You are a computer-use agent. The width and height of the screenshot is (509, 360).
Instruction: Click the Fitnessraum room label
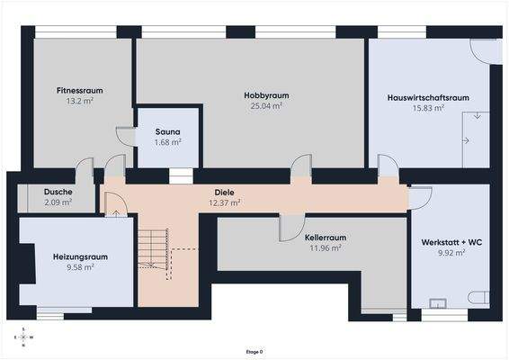[x=79, y=90]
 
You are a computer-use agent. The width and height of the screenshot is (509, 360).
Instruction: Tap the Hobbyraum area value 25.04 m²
[x=266, y=106]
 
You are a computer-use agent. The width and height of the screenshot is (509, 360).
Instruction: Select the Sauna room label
[x=167, y=132]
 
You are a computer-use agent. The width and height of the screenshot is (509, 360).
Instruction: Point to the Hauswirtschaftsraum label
[x=428, y=97]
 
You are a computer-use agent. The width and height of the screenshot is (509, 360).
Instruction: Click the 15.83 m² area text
[x=428, y=108]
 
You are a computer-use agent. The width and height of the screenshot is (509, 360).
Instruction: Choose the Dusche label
[x=58, y=192]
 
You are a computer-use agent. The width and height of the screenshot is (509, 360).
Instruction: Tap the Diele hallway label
[x=224, y=193]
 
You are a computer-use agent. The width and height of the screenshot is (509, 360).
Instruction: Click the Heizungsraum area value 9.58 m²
[x=80, y=267]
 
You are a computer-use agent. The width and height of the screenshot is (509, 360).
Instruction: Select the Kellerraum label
[x=326, y=238]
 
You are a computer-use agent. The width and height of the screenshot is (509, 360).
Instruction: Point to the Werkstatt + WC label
[x=451, y=242]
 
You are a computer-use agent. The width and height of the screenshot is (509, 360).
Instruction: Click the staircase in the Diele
[x=154, y=249]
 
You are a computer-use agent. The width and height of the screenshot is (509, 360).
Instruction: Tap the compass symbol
[x=23, y=337]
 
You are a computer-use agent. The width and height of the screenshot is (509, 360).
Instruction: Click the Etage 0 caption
[x=254, y=352]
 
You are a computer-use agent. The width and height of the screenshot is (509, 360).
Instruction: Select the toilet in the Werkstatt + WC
[x=478, y=298]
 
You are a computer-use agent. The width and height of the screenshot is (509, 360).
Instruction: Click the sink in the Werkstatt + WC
[x=438, y=303]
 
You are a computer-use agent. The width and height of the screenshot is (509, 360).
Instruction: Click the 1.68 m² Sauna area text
[x=167, y=142]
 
